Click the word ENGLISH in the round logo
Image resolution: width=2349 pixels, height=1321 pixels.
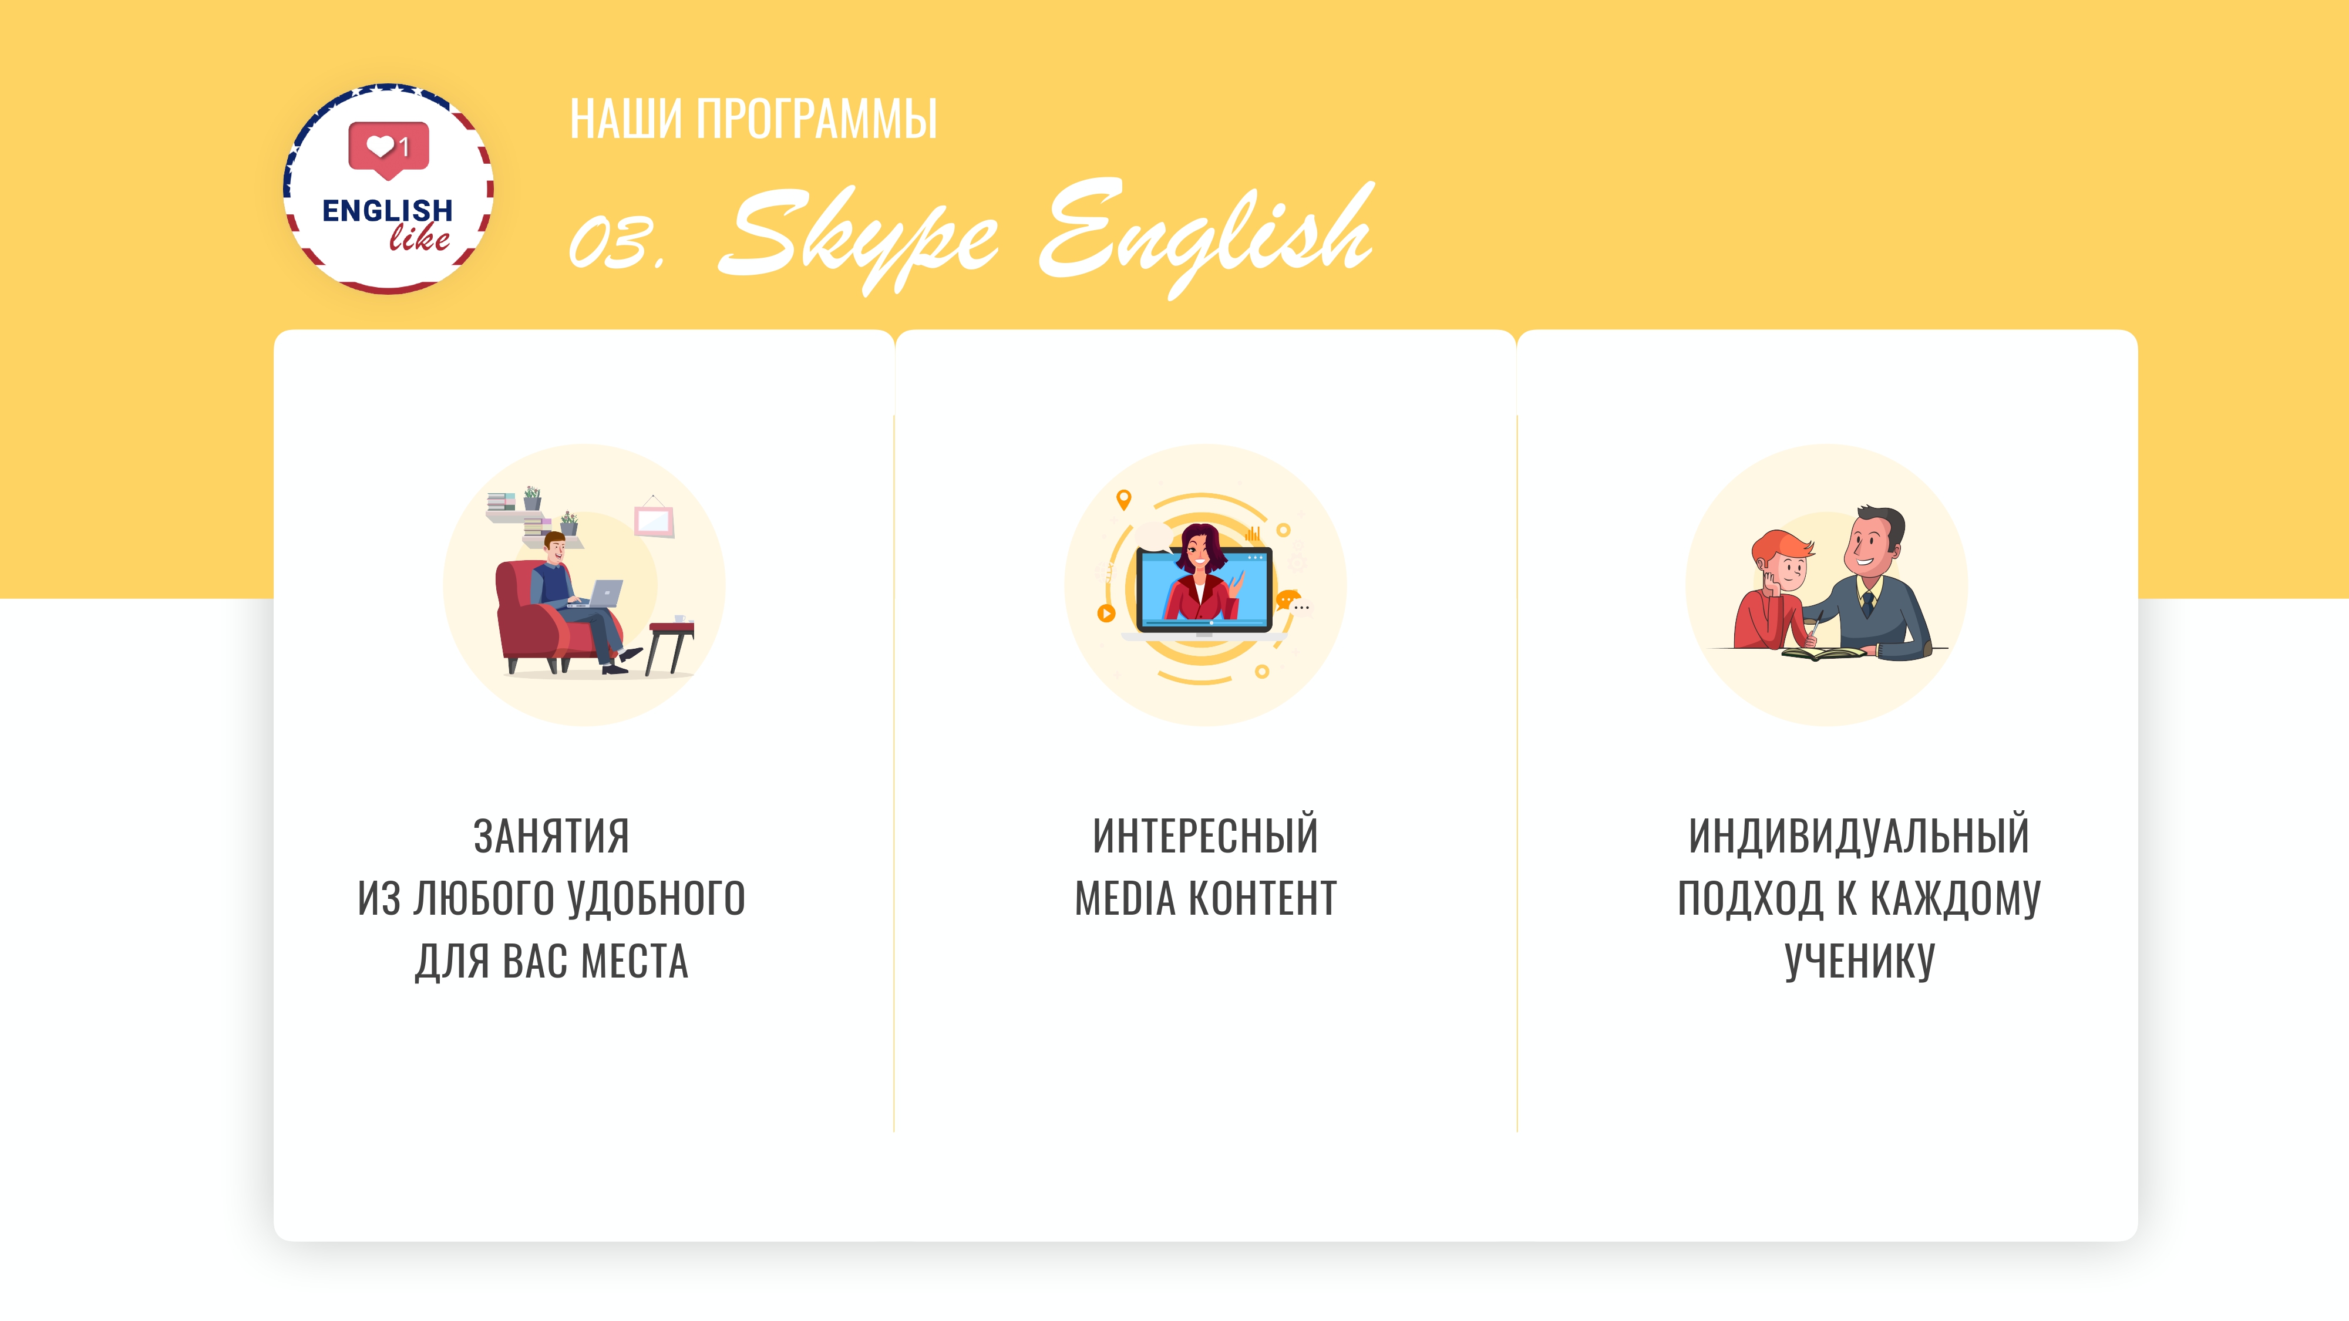[x=388, y=211]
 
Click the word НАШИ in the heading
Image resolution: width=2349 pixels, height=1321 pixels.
[x=625, y=119]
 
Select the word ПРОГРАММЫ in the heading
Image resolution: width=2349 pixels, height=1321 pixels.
[x=816, y=119]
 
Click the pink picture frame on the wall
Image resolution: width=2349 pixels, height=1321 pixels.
[x=654, y=521]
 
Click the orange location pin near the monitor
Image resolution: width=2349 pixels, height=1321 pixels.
[x=1123, y=498]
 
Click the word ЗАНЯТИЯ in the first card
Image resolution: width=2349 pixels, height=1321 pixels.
[x=551, y=836]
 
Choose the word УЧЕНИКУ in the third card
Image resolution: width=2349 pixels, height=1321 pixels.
[x=1859, y=961]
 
